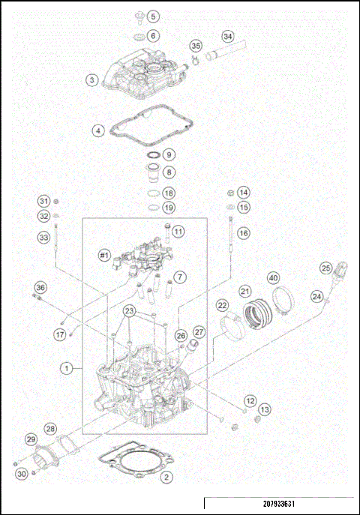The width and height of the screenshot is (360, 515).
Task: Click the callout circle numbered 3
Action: pyautogui.click(x=91, y=79)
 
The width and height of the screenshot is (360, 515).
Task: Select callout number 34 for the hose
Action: pyautogui.click(x=228, y=35)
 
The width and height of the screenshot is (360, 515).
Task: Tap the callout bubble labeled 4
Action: pyautogui.click(x=97, y=130)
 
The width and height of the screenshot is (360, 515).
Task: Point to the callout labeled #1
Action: pyautogui.click(x=105, y=256)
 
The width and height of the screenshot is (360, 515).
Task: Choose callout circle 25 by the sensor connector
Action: pyautogui.click(x=325, y=268)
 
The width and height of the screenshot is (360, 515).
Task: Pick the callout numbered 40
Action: pyautogui.click(x=274, y=278)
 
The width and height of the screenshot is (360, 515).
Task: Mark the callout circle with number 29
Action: pyautogui.click(x=31, y=439)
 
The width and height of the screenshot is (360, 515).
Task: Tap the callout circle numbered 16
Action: pyautogui.click(x=242, y=233)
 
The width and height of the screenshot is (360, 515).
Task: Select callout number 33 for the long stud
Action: pyautogui.click(x=43, y=238)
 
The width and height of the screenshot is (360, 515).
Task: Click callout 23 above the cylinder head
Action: pyautogui.click(x=130, y=311)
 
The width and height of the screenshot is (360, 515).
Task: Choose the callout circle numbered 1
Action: pyautogui.click(x=68, y=368)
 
